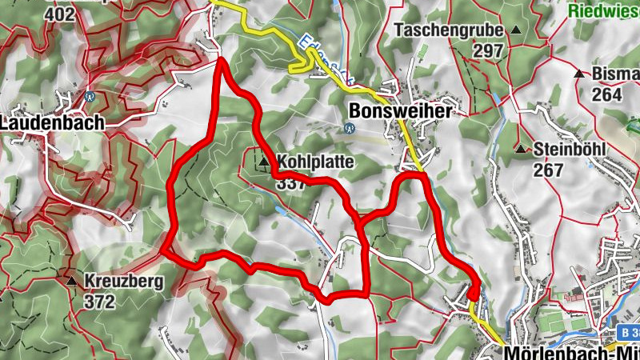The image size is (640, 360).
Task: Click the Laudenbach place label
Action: click(53, 123)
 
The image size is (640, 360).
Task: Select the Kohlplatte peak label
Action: click(316, 161)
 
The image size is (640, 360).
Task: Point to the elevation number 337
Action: click(290, 182)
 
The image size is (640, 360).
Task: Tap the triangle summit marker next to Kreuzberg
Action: click(73, 281)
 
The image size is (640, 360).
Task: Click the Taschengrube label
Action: click(449, 31)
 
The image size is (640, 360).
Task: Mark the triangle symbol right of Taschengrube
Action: click(516, 30)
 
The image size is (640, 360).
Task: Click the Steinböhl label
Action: click(569, 150)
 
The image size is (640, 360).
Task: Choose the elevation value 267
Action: click(548, 170)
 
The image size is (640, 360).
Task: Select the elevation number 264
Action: click(607, 94)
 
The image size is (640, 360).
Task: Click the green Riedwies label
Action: click(604, 10)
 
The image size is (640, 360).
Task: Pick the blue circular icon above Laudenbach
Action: click(90, 97)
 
